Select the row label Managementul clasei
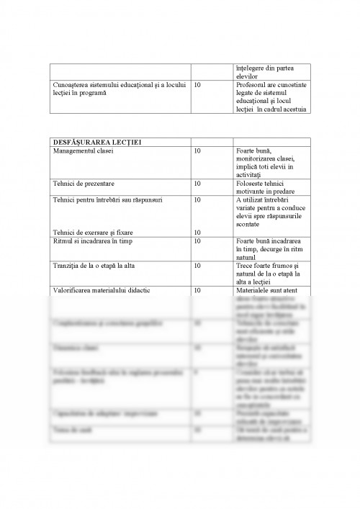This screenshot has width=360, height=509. tap(84, 151)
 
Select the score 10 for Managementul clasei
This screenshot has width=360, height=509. tap(199, 151)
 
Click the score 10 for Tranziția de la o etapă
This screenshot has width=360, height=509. tap(199, 266)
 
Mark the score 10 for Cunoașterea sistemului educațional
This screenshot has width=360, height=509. tap(199, 85)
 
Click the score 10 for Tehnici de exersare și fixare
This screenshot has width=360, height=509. tap(199, 232)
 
